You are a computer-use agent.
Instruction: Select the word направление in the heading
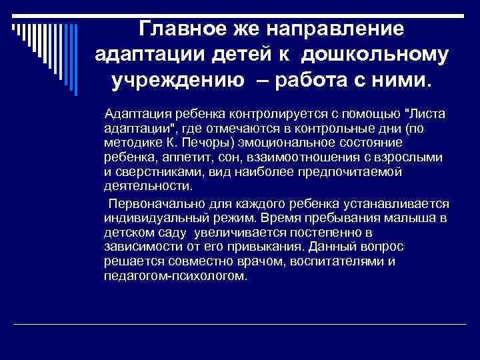pos(337,29)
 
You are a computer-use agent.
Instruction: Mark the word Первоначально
pos(153,202)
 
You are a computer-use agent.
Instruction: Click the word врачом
pos(253,261)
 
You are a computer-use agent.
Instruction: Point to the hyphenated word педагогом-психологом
pos(175,276)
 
